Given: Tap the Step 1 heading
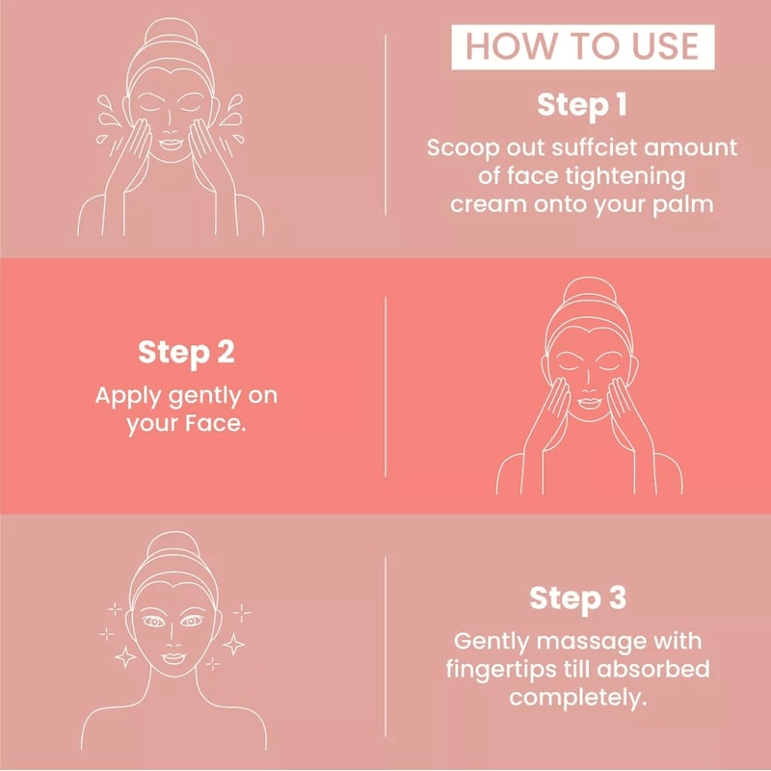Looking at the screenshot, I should coord(581,105).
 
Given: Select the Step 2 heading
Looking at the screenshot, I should coord(186,352).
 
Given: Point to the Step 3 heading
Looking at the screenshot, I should coord(578,598).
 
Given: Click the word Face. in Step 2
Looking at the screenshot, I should coord(211,423).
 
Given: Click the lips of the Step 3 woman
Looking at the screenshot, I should coord(170,657).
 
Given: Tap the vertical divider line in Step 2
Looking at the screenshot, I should coord(385,385).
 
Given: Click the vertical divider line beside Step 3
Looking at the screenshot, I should coord(385,646).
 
